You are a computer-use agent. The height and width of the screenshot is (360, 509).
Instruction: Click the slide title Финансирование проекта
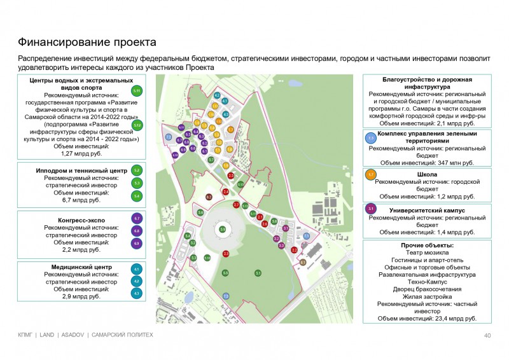[87, 43]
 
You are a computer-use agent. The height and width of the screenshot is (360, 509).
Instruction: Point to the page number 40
[487, 335]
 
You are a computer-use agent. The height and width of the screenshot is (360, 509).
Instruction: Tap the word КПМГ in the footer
[25, 335]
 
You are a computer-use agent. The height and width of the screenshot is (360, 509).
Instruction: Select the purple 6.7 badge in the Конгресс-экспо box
[137, 219]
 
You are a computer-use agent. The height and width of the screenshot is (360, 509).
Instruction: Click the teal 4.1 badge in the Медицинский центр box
[137, 269]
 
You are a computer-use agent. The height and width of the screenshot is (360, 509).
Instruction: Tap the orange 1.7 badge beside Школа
[371, 174]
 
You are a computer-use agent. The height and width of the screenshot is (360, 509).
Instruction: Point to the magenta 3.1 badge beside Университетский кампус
[371, 209]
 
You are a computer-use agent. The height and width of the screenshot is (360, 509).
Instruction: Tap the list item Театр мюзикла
[427, 253]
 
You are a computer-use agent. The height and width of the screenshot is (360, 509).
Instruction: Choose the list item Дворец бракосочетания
[427, 289]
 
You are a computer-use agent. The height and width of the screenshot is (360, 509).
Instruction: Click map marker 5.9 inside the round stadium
[222, 229]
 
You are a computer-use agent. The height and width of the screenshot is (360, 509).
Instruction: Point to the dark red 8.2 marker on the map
[209, 197]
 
